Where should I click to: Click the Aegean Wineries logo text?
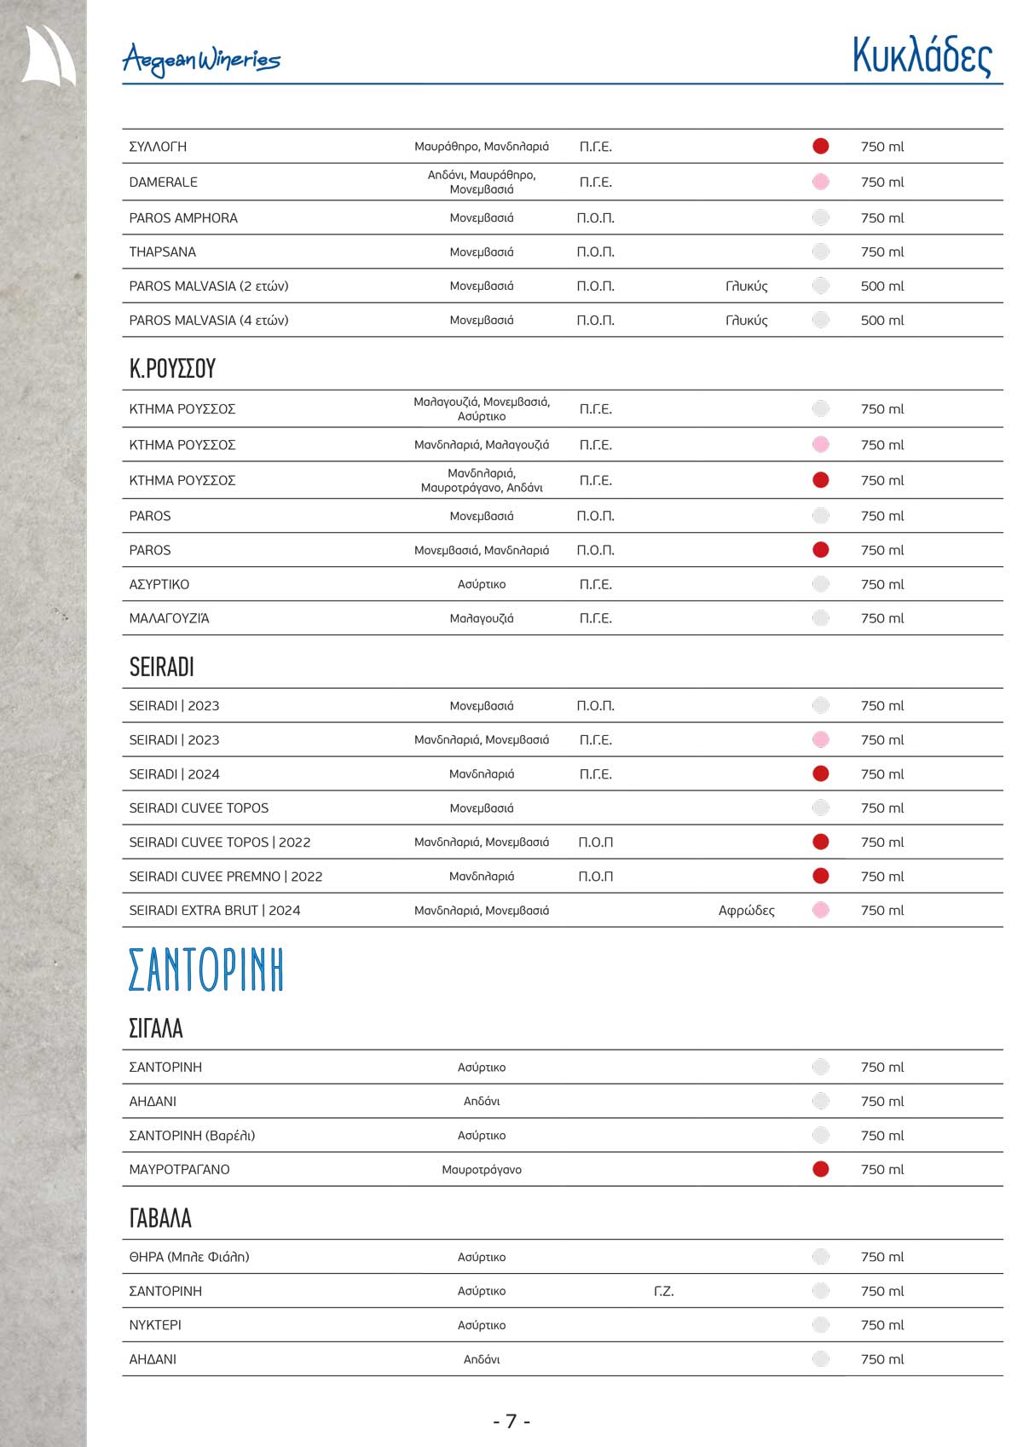(x=201, y=60)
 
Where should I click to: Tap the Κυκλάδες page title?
(x=922, y=56)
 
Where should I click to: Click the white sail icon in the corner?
(x=49, y=55)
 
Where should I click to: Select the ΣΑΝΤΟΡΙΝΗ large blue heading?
(x=205, y=970)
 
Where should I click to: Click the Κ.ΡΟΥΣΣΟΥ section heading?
(x=172, y=368)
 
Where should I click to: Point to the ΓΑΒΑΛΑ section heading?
(x=160, y=1218)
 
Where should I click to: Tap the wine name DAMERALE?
(x=163, y=182)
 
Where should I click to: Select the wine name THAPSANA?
(x=163, y=252)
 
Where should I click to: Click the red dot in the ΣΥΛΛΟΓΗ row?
(x=820, y=147)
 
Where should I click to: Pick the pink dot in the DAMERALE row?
(x=820, y=182)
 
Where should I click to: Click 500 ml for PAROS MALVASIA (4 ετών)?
(x=881, y=321)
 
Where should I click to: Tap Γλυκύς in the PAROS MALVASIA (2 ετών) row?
(x=746, y=287)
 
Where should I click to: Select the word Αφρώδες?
(x=746, y=911)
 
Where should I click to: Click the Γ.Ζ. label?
(x=663, y=1291)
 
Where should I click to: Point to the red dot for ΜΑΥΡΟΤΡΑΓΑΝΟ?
(x=820, y=1169)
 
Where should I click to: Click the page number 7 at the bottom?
(x=511, y=1421)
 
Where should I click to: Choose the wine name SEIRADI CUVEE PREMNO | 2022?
(x=225, y=877)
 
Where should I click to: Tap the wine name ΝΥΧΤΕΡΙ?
(x=155, y=1325)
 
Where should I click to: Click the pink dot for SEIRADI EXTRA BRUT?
(x=820, y=911)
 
